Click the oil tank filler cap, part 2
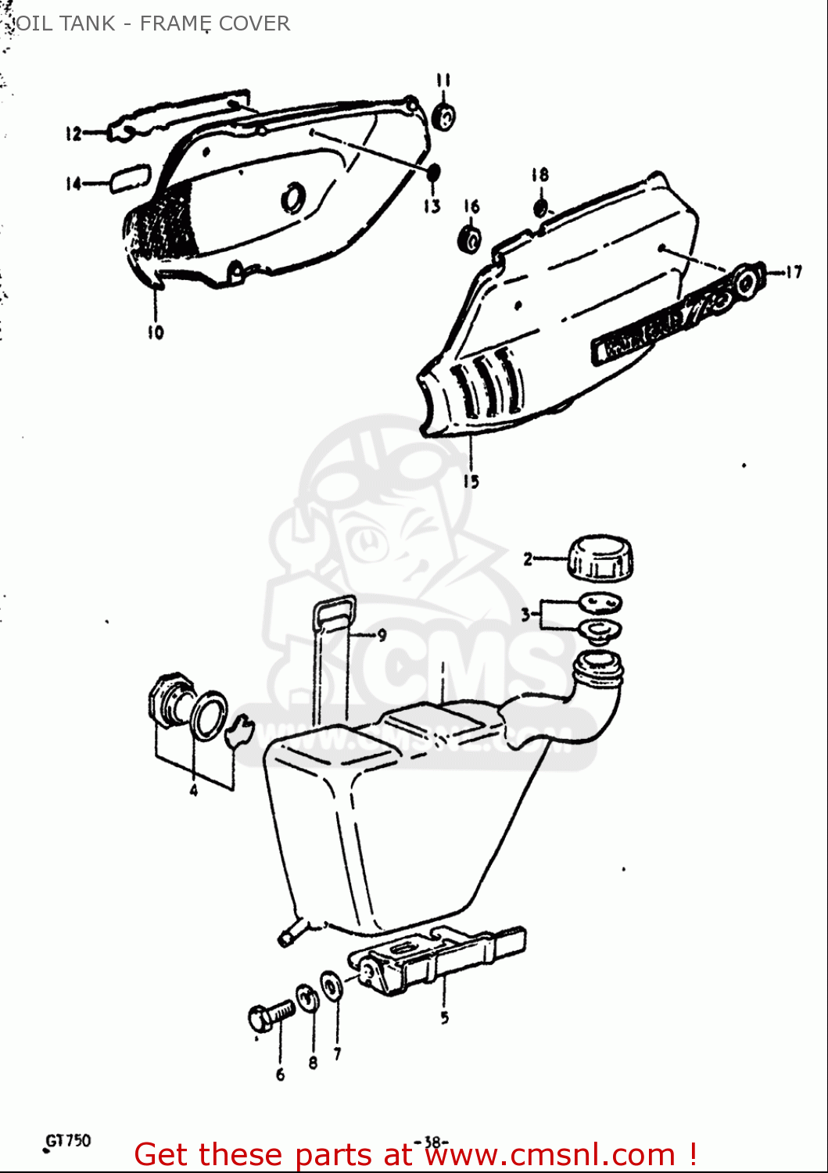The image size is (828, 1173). pos(600,558)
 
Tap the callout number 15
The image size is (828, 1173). pos(471,482)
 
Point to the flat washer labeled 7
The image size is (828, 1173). pos(332,986)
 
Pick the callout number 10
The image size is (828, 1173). pos(156,332)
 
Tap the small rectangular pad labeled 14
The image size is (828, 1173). pos(130,178)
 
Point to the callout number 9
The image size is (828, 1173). pos(382,635)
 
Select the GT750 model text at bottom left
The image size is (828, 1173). pos(68,1141)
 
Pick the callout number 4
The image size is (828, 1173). pos(193,791)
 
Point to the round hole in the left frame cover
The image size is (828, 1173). pos(293,198)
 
